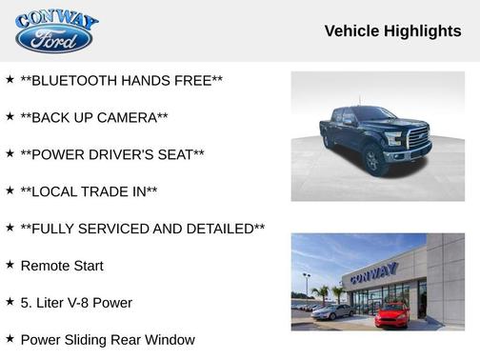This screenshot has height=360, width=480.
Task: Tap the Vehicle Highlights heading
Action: [392, 31]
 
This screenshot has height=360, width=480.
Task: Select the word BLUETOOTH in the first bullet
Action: [74, 81]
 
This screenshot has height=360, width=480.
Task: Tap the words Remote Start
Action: [62, 266]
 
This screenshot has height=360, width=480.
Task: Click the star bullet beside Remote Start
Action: [10, 264]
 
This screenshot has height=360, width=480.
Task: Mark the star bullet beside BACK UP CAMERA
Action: [10, 116]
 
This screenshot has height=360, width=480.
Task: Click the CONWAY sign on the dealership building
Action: [372, 274]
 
